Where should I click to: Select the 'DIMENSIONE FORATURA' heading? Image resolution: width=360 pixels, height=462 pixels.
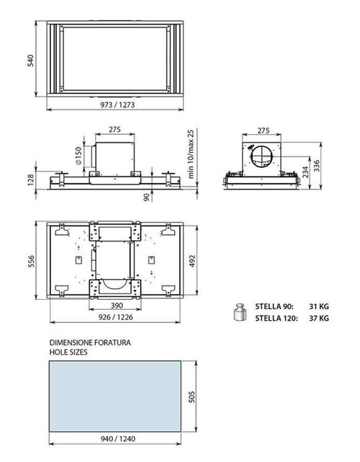pos(90,343)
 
